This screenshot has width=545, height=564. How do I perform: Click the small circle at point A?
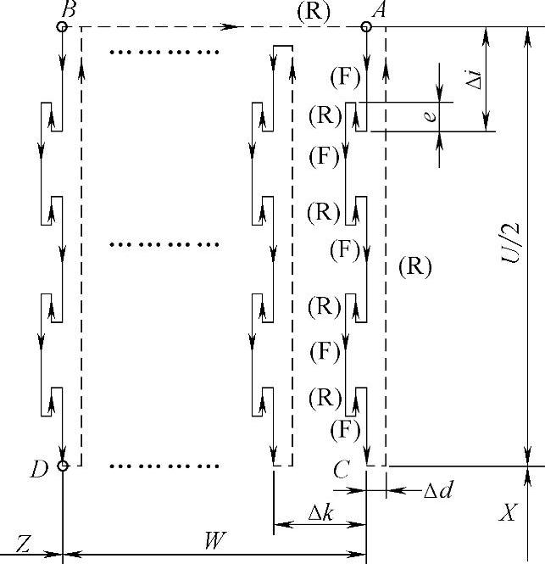365,26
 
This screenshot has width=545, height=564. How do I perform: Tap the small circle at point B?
62,26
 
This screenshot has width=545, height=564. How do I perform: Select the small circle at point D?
62,466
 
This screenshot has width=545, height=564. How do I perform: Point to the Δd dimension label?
437,490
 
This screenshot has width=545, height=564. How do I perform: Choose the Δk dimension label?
319,513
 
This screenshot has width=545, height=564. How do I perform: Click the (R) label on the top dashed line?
313,11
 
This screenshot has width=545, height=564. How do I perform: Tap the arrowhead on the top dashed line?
230,26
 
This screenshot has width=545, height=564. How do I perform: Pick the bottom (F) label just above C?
346,429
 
